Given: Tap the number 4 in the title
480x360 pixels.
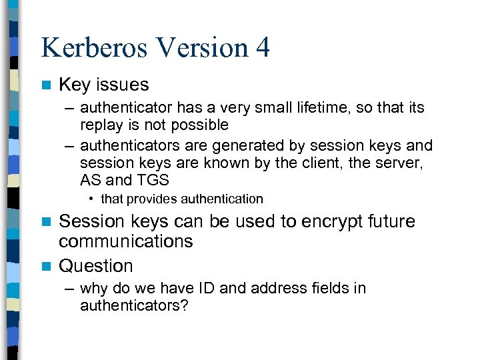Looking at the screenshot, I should [262, 49].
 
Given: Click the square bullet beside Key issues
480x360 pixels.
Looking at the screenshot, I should [45, 85].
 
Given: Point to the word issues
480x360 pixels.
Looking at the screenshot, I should [123, 85].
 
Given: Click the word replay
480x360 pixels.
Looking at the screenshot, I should [99, 125].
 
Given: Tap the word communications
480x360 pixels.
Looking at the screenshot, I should [125, 241].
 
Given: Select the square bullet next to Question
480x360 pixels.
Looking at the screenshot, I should [45, 266].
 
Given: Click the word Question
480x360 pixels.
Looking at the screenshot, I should [96, 266].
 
